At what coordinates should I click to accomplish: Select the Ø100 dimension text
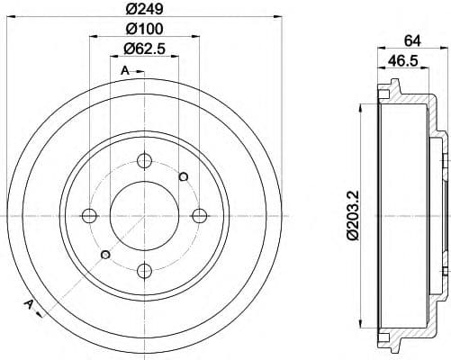pyautogui.click(x=144, y=32)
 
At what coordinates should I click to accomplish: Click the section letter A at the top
pyautogui.click(x=124, y=70)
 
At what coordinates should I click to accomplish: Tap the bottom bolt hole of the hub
pyautogui.click(x=144, y=268)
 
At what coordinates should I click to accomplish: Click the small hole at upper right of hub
pyautogui.click(x=184, y=175)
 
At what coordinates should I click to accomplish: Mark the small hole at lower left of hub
pyautogui.click(x=104, y=255)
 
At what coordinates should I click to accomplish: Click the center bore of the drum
pyautogui.click(x=144, y=214)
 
